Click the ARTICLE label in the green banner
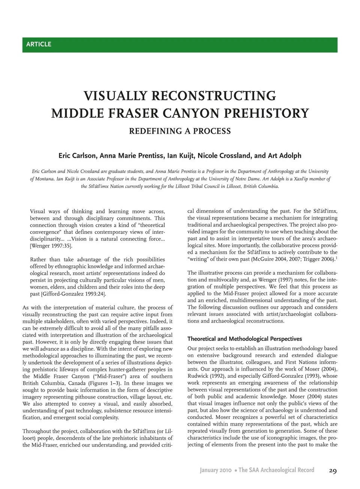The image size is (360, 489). pos(39,44)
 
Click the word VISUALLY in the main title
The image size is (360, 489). pos(115,96)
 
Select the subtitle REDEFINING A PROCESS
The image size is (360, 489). pos(180,131)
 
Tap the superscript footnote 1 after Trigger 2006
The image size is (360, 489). pos(336,258)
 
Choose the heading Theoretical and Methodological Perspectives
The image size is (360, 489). pos(244,339)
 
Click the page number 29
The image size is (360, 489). pos(333,471)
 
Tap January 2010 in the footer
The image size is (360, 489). pos(216,470)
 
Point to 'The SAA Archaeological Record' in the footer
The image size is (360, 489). pos(276,470)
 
